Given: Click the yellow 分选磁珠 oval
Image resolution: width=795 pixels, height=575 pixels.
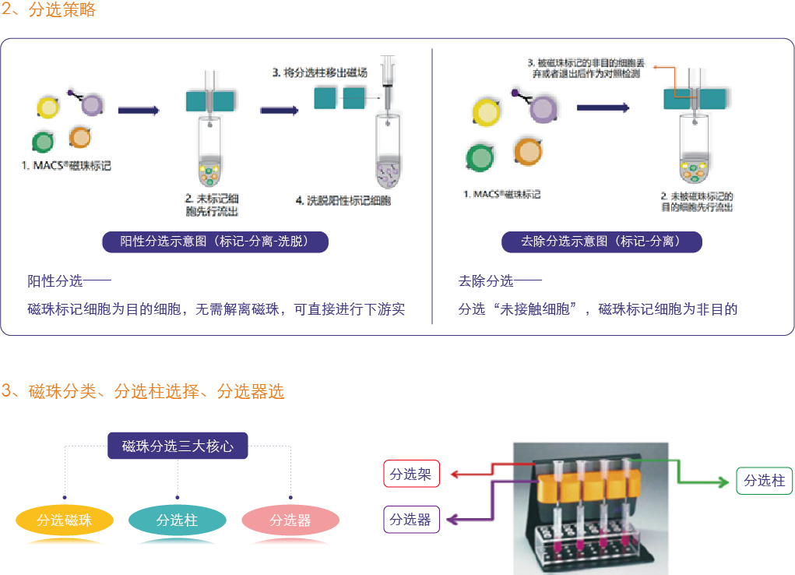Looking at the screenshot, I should (65, 520).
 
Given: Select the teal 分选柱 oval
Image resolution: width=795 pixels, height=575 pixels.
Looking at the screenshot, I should (178, 520).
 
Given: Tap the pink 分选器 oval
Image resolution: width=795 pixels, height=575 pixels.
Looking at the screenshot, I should (290, 520).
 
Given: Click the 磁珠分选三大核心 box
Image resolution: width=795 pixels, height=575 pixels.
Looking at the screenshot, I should (178, 446).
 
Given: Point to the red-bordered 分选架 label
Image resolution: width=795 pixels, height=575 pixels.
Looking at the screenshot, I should (411, 474).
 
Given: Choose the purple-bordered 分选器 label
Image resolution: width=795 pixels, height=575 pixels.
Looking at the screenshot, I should (411, 520).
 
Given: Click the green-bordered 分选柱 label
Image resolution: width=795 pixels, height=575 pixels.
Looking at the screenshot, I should (764, 481).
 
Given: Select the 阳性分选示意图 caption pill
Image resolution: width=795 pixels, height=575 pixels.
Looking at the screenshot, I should (215, 242).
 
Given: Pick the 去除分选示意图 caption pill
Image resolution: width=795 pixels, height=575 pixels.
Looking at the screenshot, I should (601, 242).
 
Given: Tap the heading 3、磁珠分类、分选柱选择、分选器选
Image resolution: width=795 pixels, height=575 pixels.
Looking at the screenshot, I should (142, 391).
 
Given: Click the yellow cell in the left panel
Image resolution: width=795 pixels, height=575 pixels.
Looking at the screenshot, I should (48, 107).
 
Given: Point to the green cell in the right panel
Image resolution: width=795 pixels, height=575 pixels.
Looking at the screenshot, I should (480, 157).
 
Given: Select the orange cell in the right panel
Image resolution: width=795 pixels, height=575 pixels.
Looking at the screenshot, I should (527, 150).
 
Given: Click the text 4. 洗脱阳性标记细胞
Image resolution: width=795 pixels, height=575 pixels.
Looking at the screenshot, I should (343, 201).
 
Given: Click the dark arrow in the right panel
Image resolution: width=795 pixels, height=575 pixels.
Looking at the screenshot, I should (603, 107).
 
